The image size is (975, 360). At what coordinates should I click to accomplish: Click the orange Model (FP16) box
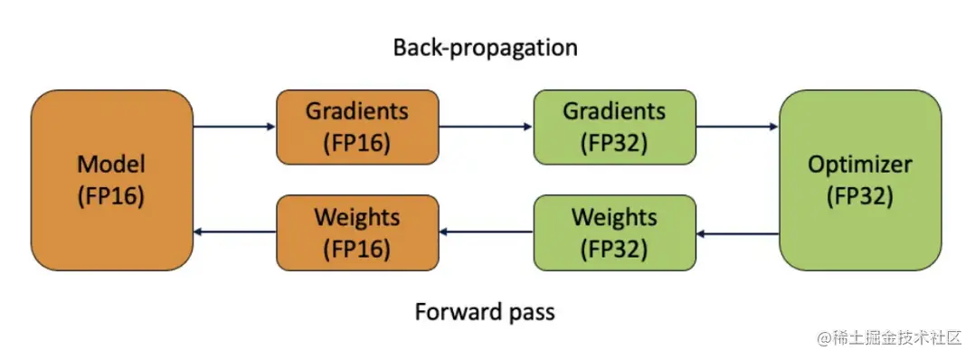112,180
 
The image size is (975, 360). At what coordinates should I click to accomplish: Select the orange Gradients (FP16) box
357,127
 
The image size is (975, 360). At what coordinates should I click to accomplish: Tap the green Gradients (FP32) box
614,127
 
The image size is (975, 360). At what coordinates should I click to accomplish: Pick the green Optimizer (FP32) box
860,180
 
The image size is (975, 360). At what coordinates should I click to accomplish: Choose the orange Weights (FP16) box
357,232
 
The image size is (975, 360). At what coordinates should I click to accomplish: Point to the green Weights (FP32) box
614,232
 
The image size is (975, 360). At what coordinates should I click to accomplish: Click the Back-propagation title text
486,48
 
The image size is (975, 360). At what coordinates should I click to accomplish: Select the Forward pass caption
485,311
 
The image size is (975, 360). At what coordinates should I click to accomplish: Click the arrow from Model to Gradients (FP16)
234,127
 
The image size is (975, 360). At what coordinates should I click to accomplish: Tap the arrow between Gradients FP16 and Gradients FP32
487,127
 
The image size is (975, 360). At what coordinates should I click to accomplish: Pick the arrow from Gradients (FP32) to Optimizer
737,127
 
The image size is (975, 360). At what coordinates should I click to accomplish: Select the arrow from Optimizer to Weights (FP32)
737,233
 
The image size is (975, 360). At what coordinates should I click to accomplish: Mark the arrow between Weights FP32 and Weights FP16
487,232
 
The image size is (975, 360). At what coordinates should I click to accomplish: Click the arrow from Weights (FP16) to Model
234,232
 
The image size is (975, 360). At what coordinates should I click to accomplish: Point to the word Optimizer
860,166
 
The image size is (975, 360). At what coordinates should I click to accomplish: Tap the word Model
111,165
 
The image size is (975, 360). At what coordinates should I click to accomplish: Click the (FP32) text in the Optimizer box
860,196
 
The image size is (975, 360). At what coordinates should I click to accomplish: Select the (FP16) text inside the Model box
111,196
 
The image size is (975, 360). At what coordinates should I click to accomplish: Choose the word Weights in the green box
614,218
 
